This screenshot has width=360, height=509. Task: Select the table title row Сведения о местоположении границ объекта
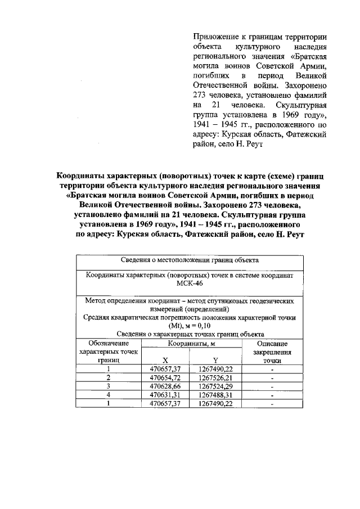point(190,260)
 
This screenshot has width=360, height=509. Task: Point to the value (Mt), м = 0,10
point(190,326)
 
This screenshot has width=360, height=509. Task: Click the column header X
point(165,360)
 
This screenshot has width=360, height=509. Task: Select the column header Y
point(215,360)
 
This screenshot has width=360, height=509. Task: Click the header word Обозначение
point(109,343)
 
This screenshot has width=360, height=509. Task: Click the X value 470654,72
point(165,377)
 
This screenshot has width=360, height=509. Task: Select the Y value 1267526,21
point(215,377)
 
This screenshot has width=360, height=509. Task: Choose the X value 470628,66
point(165,386)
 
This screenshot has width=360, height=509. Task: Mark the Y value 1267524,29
point(215,386)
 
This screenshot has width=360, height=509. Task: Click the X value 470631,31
point(165,395)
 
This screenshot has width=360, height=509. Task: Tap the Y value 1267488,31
point(215,395)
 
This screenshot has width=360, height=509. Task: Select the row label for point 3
point(108,386)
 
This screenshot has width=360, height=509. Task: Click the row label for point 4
point(108,395)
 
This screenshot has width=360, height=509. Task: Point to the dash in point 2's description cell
point(272,378)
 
